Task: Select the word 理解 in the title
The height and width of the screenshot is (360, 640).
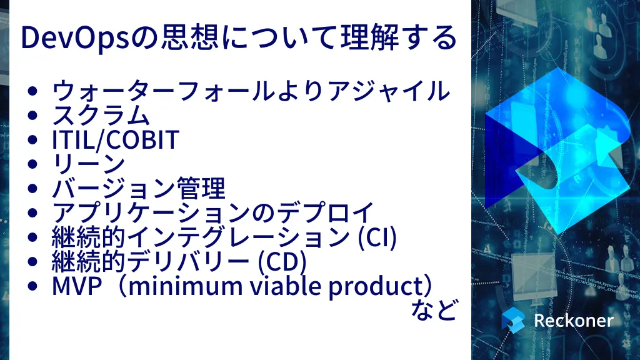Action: tap(370, 37)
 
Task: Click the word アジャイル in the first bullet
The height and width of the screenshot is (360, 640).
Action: tap(388, 91)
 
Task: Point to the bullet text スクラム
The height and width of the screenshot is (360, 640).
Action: tap(101, 115)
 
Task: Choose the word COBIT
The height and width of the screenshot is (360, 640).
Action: tap(142, 139)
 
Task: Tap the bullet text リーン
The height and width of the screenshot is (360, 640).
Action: tap(89, 164)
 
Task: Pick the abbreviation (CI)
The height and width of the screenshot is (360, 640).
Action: tap(377, 237)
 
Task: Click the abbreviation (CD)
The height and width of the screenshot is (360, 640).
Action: tap(282, 262)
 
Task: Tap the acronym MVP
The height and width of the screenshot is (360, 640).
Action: tap(77, 286)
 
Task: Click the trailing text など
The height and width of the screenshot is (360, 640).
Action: tap(434, 310)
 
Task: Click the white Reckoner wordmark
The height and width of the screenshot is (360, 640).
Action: tap(574, 321)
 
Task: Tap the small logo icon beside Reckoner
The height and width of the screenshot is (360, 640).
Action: tap(513, 319)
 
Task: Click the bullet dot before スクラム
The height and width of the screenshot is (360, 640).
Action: tap(33, 115)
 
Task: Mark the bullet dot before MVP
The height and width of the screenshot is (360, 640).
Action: tap(33, 286)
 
